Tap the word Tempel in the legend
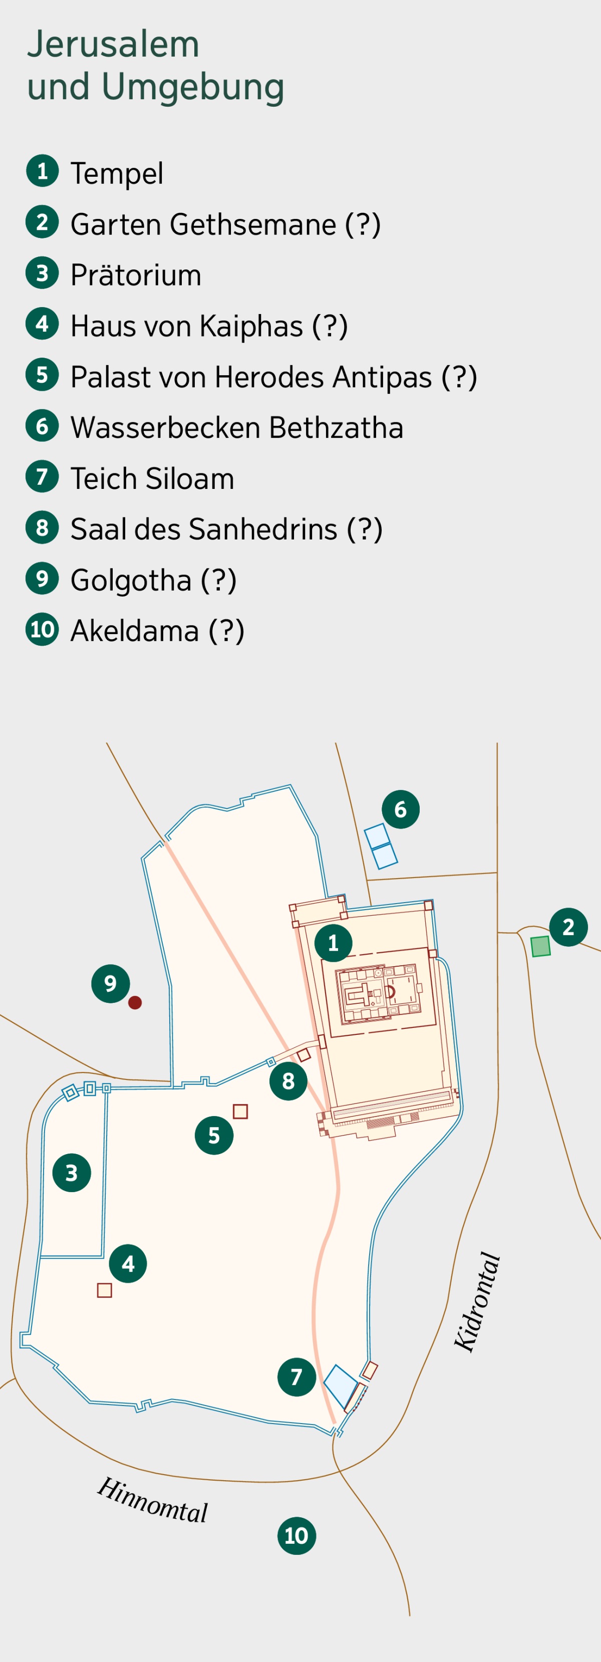click(x=117, y=173)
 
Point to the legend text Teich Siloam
click(x=152, y=479)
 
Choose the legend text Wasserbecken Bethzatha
click(x=237, y=428)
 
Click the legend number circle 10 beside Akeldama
click(x=43, y=629)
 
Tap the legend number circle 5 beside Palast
click(x=43, y=375)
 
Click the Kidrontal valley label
click(x=477, y=1301)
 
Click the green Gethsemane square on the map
click(x=540, y=947)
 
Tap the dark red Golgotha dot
click(x=135, y=1003)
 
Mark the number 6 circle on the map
click(x=401, y=809)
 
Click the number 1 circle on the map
click(x=334, y=943)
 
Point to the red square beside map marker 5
click(x=240, y=1111)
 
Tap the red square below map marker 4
click(x=105, y=1290)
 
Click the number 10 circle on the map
click(x=296, y=1536)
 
